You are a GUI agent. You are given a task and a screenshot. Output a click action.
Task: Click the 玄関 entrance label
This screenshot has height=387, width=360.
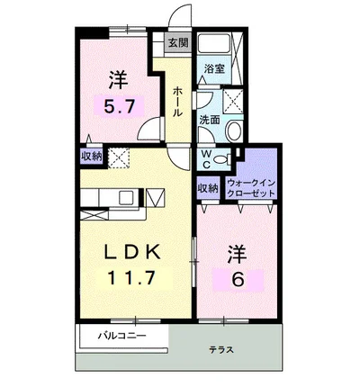pyautogui.click(x=178, y=43)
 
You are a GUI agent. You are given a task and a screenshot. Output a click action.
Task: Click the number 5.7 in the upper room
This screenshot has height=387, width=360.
pyautogui.click(x=118, y=106)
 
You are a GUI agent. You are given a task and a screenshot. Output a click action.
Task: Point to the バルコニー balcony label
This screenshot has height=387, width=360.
pyautogui.click(x=132, y=336)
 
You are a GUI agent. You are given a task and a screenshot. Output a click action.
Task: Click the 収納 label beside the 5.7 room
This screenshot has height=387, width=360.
pyautogui.click(x=93, y=157)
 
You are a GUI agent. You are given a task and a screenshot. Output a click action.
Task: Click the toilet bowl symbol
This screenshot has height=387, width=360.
pyautogui.click(x=232, y=131)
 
